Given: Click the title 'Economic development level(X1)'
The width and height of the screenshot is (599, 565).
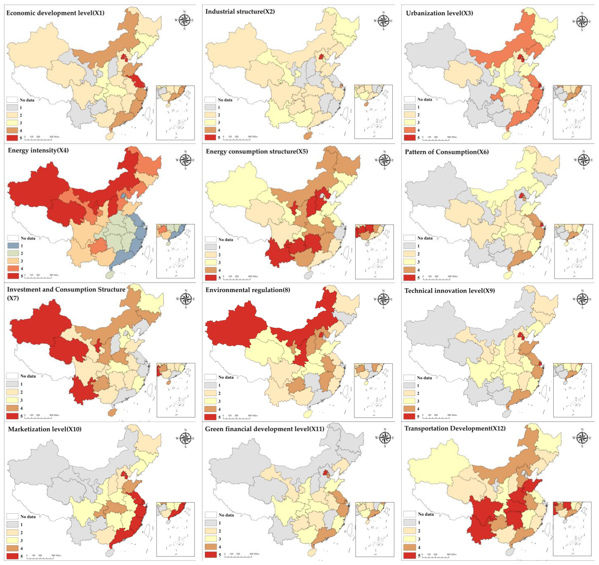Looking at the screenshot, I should [55, 13].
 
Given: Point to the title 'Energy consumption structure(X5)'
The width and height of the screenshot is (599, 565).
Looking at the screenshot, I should [257, 151].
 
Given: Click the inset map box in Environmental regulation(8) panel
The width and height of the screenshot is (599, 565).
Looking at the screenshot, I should [373, 390].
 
